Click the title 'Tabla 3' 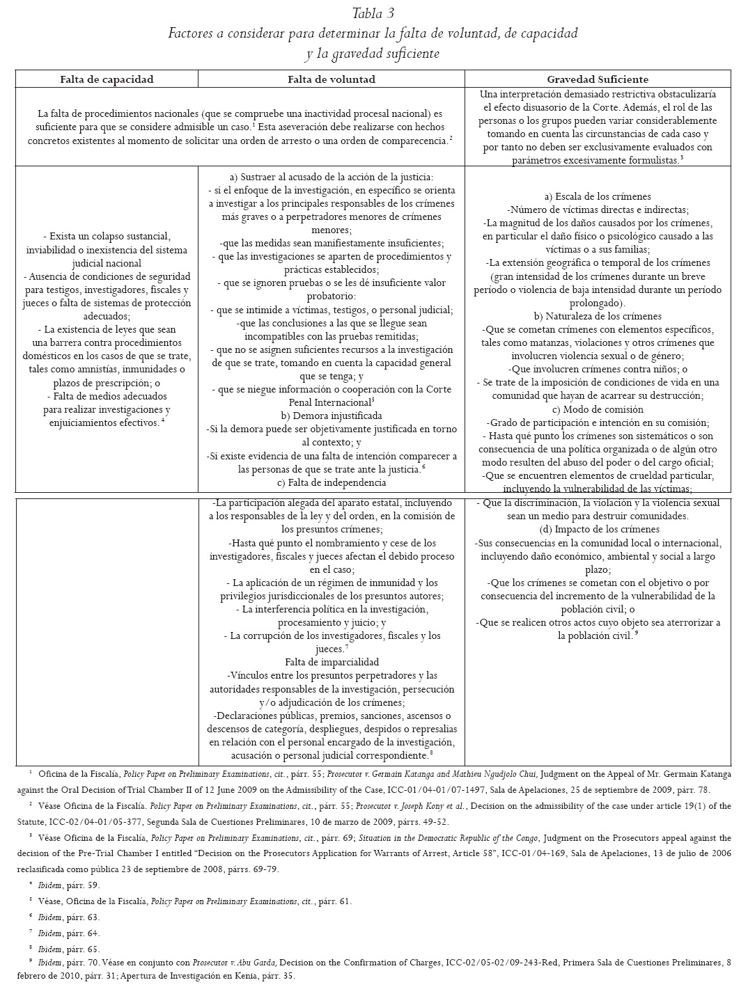click(x=373, y=13)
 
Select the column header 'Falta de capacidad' click(x=107, y=79)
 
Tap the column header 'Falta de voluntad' click(x=332, y=79)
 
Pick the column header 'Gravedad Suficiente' click(x=598, y=79)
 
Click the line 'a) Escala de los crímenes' click(x=598, y=196)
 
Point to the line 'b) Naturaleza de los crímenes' click(x=598, y=316)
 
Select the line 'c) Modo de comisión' click(x=598, y=409)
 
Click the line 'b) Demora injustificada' click(x=331, y=416)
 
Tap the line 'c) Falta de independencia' click(x=331, y=482)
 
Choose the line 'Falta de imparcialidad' click(x=331, y=662)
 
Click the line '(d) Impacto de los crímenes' click(x=598, y=529)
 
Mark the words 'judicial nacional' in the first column click(x=107, y=263)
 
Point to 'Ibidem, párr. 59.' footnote click(x=69, y=885)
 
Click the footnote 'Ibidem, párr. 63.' click(x=69, y=917)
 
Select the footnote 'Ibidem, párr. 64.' click(x=69, y=933)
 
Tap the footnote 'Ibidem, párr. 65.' click(x=69, y=949)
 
